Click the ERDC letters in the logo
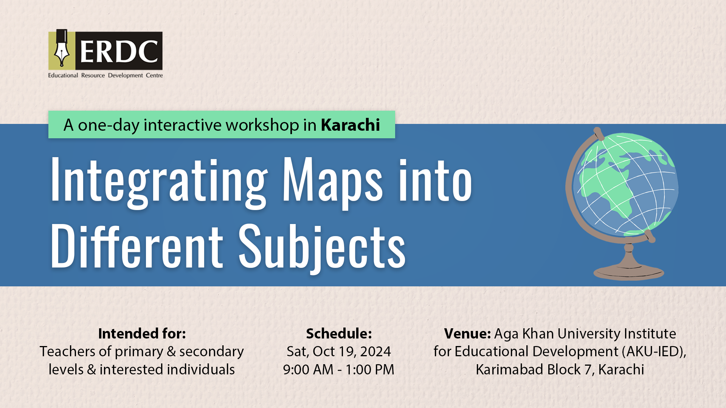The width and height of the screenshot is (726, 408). coord(119,51)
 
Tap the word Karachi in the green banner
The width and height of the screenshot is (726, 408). coord(351,125)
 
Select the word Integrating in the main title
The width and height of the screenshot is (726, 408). coord(159,181)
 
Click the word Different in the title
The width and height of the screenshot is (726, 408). coord(137,246)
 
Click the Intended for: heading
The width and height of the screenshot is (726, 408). coord(142,334)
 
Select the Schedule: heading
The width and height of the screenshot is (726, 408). coord(339,334)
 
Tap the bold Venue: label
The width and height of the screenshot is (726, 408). coord(467,334)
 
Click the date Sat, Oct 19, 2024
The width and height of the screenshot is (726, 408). coord(339,352)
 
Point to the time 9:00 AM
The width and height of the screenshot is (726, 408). coord(308,369)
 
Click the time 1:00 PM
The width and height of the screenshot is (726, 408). coord(370,369)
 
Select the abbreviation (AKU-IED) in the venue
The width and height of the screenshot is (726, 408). coord(653,352)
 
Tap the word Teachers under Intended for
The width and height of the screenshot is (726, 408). coord(67,352)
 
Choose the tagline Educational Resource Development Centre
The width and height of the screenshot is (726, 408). coord(105,75)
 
